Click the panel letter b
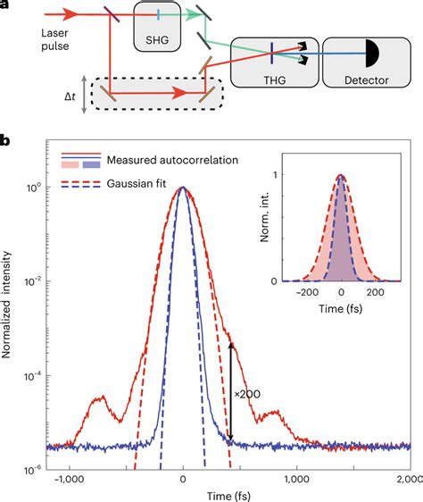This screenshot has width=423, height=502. (5, 141)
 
